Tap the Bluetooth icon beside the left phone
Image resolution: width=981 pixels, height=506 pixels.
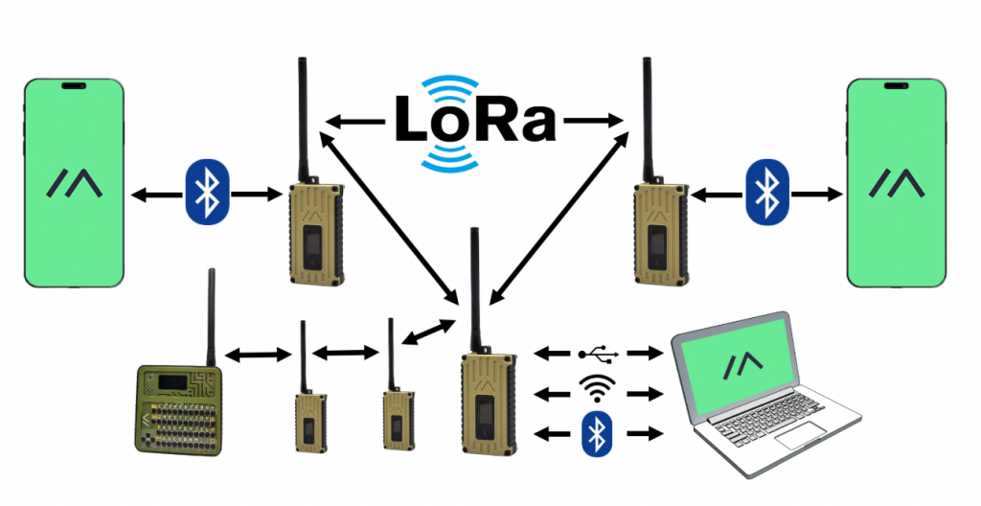pyautogui.click(x=203, y=195)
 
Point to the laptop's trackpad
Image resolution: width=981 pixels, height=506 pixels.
pyautogui.click(x=803, y=438)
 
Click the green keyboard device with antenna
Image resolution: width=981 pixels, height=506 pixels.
pyautogui.click(x=180, y=407)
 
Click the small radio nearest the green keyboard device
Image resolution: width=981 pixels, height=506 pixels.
pyautogui.click(x=308, y=417)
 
